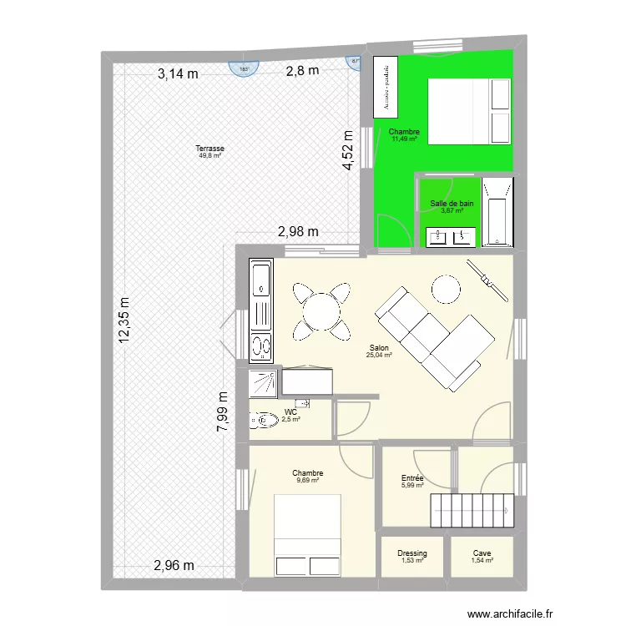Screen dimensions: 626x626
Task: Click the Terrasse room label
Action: (x=211, y=149)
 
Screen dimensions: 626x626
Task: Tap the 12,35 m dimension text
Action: (x=125, y=321)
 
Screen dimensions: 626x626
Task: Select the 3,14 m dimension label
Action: (x=178, y=73)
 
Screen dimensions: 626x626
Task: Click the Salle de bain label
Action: (x=452, y=204)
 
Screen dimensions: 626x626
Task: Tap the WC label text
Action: (x=290, y=412)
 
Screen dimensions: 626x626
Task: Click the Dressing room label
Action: (x=411, y=553)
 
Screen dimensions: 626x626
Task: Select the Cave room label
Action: (x=482, y=553)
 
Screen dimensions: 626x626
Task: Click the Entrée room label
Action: (x=412, y=478)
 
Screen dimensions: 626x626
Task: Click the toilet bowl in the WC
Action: (x=264, y=421)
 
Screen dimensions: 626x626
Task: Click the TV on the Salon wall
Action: (x=487, y=280)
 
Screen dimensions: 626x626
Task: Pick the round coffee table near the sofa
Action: (x=446, y=290)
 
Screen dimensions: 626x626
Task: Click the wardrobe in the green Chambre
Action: (x=386, y=88)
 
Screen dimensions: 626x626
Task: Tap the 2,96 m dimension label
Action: (x=174, y=567)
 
